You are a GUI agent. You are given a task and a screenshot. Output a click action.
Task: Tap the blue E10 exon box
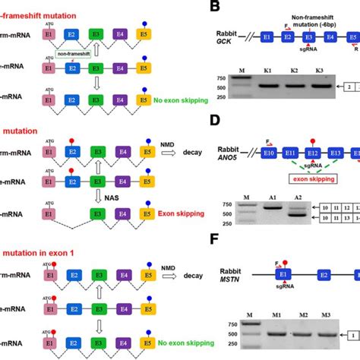tap(250, 154)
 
